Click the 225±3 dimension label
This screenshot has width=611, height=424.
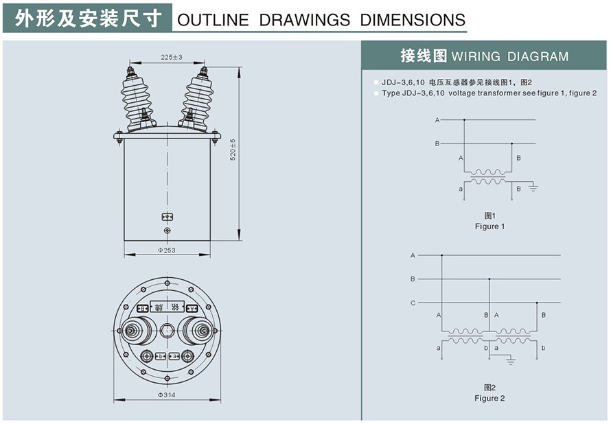[x=171, y=58]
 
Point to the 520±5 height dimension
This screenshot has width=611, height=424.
[x=233, y=150]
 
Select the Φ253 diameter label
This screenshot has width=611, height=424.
[x=167, y=250]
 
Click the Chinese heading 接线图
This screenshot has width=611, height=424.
[x=424, y=56]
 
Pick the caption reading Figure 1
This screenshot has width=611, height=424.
[x=489, y=226]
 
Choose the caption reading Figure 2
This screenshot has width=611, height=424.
[x=489, y=398]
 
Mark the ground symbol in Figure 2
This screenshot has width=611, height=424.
[x=509, y=360]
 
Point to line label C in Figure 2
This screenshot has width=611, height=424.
[x=413, y=303]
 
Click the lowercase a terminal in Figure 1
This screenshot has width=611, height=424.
[x=460, y=188]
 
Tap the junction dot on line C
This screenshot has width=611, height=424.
[x=537, y=303]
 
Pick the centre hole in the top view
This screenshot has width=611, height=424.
[x=167, y=331]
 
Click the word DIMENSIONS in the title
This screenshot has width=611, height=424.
[x=413, y=20]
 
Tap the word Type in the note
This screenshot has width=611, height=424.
[x=391, y=93]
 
